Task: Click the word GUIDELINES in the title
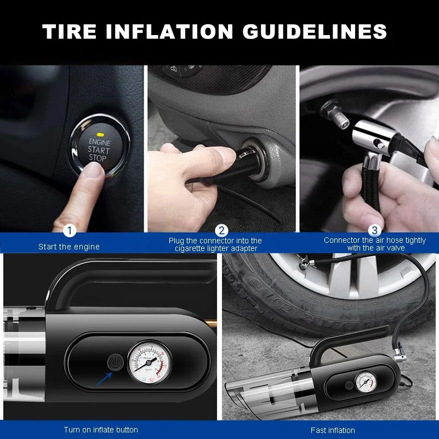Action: (x=315, y=32)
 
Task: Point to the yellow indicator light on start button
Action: (x=100, y=134)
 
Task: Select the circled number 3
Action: (x=374, y=231)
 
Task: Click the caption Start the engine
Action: (x=69, y=247)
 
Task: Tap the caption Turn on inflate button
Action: (x=101, y=430)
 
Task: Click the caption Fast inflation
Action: (x=333, y=430)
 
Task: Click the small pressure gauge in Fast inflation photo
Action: (x=364, y=381)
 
